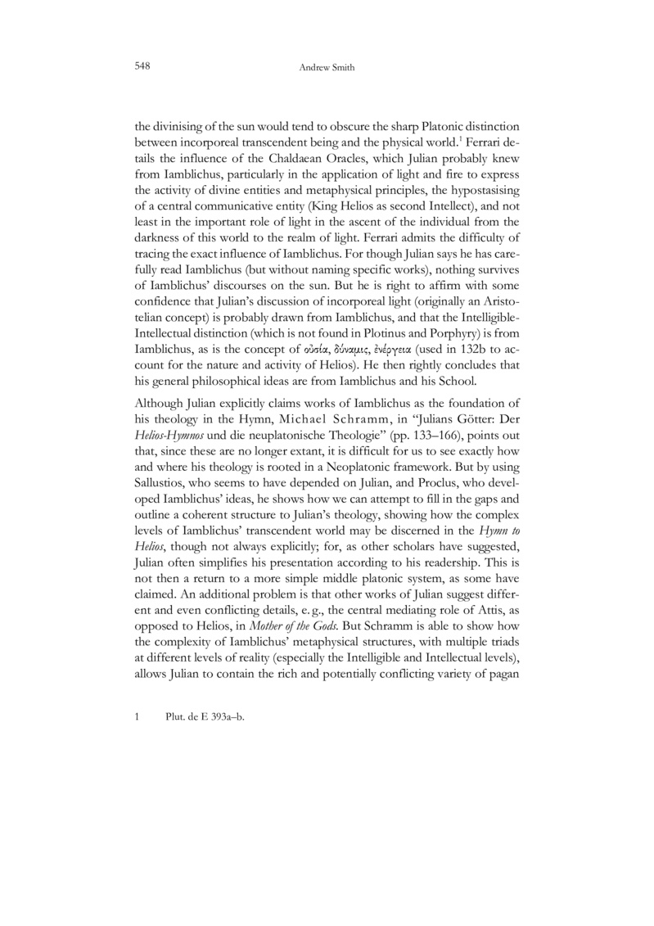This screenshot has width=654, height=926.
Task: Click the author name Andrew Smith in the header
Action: point(327,64)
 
